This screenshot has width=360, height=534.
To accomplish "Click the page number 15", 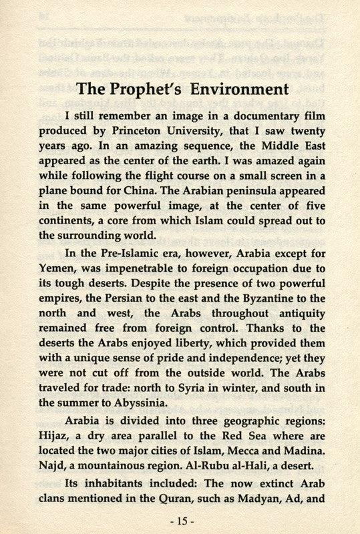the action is click(180, 518).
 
